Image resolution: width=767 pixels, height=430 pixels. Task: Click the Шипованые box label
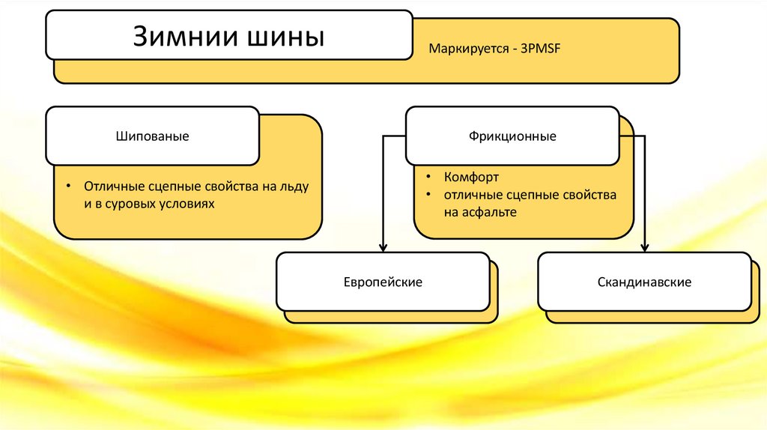coord(152,137)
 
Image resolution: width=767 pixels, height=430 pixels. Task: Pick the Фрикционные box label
coord(513,137)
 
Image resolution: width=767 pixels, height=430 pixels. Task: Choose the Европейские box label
coord(383,282)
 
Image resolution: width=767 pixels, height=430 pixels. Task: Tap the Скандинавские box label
coord(644,282)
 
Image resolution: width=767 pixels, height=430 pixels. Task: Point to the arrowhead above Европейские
coord(383,248)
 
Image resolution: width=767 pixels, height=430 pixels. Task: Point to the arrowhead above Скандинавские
coord(644,248)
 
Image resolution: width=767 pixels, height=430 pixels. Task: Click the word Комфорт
coord(471,178)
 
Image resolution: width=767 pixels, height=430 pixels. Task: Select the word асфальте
coord(491,213)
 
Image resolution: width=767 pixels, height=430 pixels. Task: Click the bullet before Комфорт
coord(426,178)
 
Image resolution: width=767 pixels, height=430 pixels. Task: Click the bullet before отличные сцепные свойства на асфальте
coord(426,195)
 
